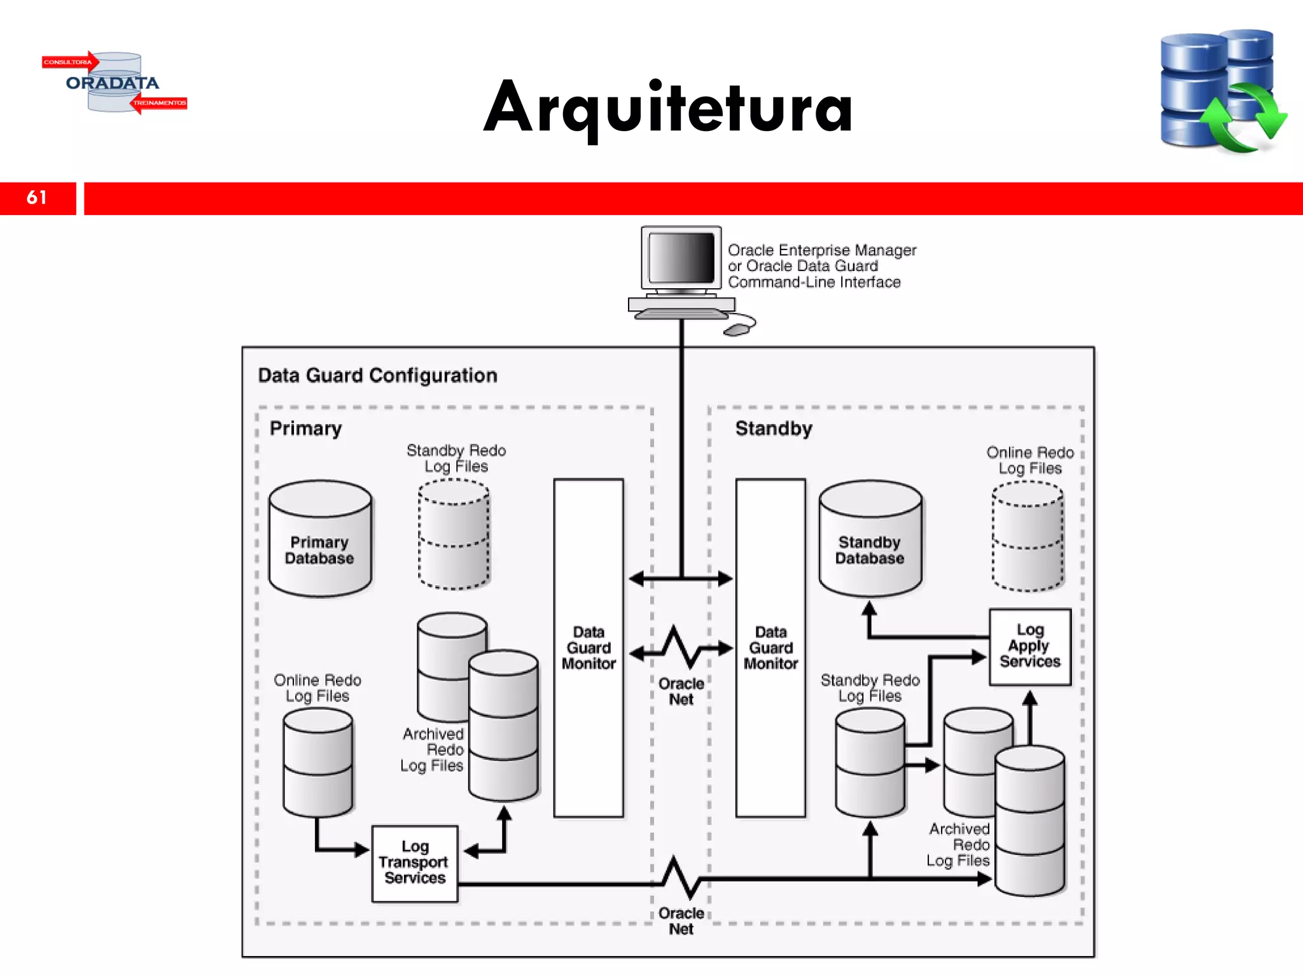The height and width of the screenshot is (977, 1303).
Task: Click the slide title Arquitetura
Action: click(668, 108)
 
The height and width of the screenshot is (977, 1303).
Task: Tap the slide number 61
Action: click(37, 198)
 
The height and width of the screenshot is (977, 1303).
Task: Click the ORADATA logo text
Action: click(113, 83)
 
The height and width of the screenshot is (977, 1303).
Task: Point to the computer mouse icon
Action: click(737, 329)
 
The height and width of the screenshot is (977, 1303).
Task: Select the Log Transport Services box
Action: click(415, 863)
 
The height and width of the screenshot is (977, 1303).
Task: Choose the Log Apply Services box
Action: click(1030, 646)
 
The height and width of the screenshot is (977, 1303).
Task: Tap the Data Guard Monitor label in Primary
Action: click(589, 648)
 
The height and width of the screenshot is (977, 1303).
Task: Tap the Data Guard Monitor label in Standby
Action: click(770, 648)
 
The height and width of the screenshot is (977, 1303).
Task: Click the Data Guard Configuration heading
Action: click(377, 375)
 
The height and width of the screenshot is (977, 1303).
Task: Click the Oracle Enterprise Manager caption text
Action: click(821, 266)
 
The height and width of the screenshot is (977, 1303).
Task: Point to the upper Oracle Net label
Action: click(681, 691)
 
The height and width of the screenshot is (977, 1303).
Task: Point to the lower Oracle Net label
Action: click(681, 920)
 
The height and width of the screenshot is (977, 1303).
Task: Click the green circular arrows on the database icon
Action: click(1244, 118)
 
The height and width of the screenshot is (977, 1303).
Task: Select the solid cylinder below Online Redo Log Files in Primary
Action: click(317, 763)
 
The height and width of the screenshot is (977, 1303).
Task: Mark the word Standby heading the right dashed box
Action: click(774, 428)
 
